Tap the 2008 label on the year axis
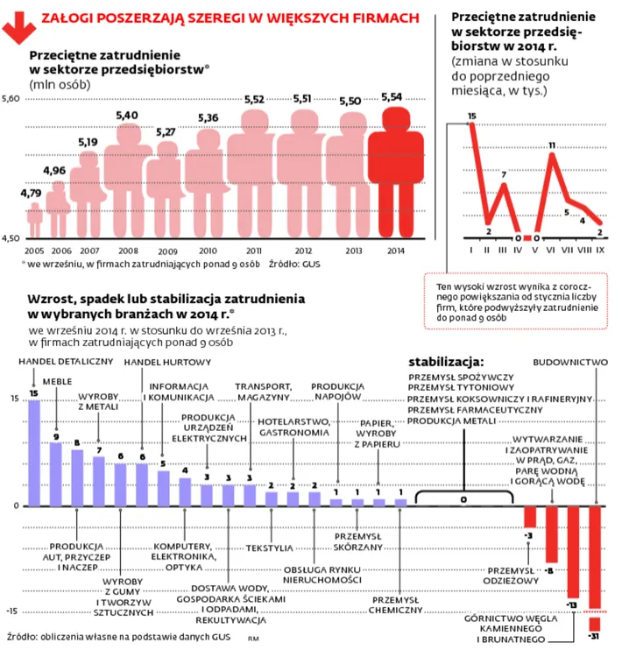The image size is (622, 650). coord(127,251)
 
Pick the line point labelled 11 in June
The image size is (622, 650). coord(552,155)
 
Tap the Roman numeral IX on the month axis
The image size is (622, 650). coord(601,250)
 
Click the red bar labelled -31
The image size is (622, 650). coord(595,561)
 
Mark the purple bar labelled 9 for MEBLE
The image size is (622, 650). coord(55,474)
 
